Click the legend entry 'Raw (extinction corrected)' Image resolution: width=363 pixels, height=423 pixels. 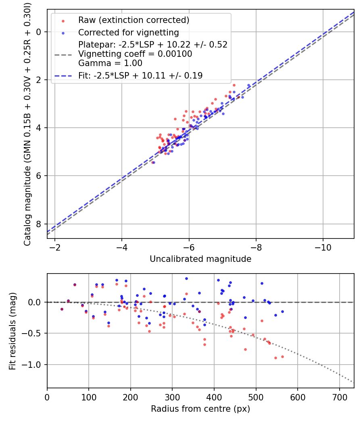pos(134,20)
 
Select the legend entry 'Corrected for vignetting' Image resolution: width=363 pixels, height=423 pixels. pos(128,32)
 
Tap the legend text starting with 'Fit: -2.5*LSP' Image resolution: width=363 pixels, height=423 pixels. pos(140,75)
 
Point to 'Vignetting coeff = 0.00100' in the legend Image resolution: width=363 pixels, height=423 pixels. pos(135,54)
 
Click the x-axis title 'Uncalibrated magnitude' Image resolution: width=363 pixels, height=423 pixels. pos(200,259)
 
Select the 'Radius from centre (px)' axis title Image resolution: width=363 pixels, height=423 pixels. pos(200,409)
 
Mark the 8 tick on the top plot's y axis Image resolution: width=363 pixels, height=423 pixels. pos(40,224)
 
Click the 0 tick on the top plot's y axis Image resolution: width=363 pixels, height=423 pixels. pos(40,32)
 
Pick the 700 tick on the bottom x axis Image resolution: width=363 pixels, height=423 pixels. pos(339,396)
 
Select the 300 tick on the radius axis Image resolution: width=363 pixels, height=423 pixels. pos(172,396)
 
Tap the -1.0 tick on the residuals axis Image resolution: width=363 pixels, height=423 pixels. pos(34,365)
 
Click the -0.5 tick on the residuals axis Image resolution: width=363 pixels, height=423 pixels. pos(34,333)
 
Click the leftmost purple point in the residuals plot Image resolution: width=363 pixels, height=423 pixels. pos(62,309)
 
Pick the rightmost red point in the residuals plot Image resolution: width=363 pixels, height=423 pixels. pos(282,357)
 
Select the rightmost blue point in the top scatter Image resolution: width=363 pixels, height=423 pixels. pos(249,85)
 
